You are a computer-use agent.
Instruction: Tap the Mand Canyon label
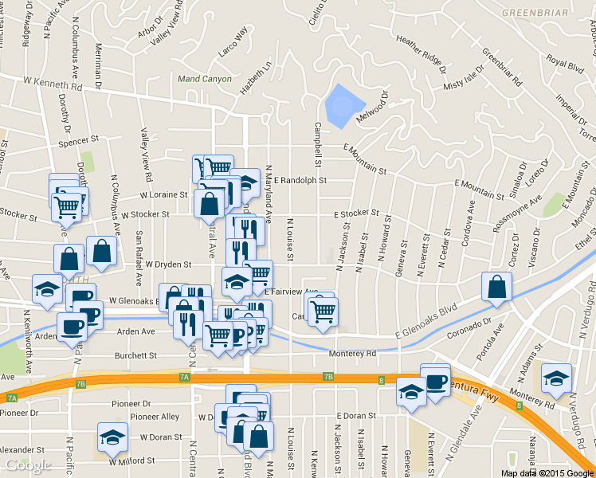point(205,79)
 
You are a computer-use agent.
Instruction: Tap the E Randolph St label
point(300,181)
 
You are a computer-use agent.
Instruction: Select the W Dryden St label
point(167,264)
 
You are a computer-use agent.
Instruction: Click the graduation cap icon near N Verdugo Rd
point(556,378)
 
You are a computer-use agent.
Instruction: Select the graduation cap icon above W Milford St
point(112,437)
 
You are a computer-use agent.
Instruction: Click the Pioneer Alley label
point(155,417)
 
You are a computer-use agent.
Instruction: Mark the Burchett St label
point(133,356)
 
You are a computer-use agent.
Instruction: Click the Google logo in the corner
point(28,465)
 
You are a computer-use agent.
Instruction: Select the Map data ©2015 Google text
point(547,473)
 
